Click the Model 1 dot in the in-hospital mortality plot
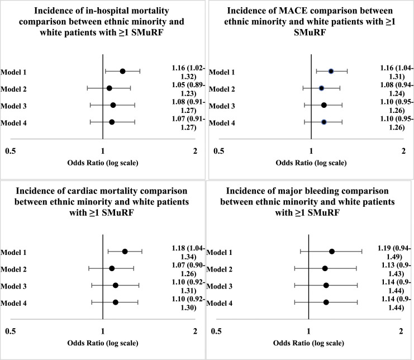pyautogui.click(x=122, y=71)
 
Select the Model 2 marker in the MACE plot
pyautogui.click(x=321, y=88)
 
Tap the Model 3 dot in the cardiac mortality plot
pyautogui.click(x=116, y=285)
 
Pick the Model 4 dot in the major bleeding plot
pyautogui.click(x=326, y=302)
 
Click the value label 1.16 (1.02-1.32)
pyautogui.click(x=188, y=72)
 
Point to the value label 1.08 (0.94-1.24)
pyautogui.click(x=397, y=89)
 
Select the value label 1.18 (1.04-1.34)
pyautogui.click(x=188, y=253)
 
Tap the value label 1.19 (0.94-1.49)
pyautogui.click(x=394, y=253)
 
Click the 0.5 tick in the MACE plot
pyautogui.click(x=218, y=151)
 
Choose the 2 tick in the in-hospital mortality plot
pyautogui.click(x=195, y=151)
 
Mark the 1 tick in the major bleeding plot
pyautogui.click(x=308, y=331)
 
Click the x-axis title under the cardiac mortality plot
pyautogui.click(x=103, y=343)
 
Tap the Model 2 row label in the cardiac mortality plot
pyautogui.click(x=13, y=269)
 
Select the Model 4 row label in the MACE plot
pyautogui.click(x=222, y=123)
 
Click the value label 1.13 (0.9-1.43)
pyautogui.click(x=396, y=269)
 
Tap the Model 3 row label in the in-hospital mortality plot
pyautogui.click(x=13, y=106)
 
